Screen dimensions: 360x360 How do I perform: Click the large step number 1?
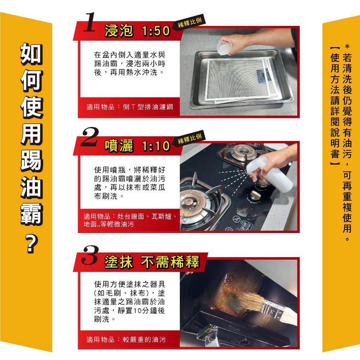pyautogui.click(x=89, y=22)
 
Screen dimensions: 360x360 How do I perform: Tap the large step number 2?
pyautogui.click(x=90, y=137)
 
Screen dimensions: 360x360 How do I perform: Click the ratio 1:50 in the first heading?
pyautogui.click(x=156, y=31)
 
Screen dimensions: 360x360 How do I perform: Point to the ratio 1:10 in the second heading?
pyautogui.click(x=156, y=146)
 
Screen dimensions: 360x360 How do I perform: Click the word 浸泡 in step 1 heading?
pyautogui.click(x=119, y=31)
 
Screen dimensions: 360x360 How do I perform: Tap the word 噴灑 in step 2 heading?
pyautogui.click(x=119, y=146)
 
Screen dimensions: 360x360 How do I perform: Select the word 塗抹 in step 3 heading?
pyautogui.click(x=119, y=262)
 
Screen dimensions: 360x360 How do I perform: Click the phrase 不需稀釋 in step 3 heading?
pyautogui.click(x=170, y=262)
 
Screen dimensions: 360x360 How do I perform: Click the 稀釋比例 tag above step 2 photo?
pyautogui.click(x=190, y=138)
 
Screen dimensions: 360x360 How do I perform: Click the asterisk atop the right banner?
pyautogui.click(x=347, y=47)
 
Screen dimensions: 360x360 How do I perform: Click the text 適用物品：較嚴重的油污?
pyautogui.click(x=126, y=340)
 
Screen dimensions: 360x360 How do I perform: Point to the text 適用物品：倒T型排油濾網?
pyautogui.click(x=130, y=107)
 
